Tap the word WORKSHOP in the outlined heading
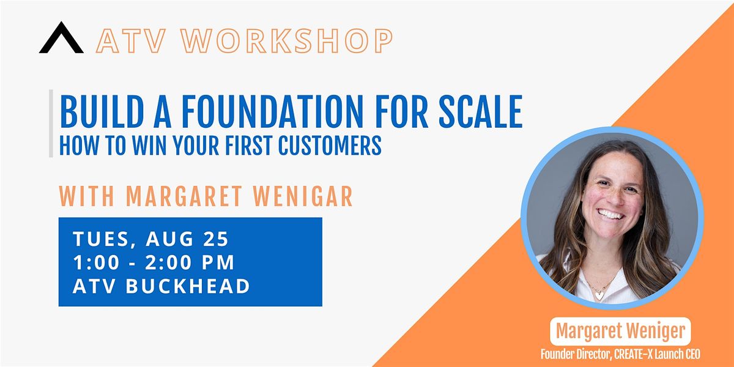pos(287,41)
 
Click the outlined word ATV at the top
pos(131,41)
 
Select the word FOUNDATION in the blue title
pos(272,111)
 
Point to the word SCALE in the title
pos(480,111)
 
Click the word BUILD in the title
pos(102,111)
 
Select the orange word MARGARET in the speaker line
pos(184,196)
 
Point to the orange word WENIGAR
pos(303,196)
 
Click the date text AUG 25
pos(187,239)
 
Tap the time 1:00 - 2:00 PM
pos(154,262)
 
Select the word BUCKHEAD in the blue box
pos(188,286)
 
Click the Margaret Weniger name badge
pos(620,332)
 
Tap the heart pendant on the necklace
pos(599,295)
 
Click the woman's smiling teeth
pos(610,215)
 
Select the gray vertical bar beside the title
pos(51,124)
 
